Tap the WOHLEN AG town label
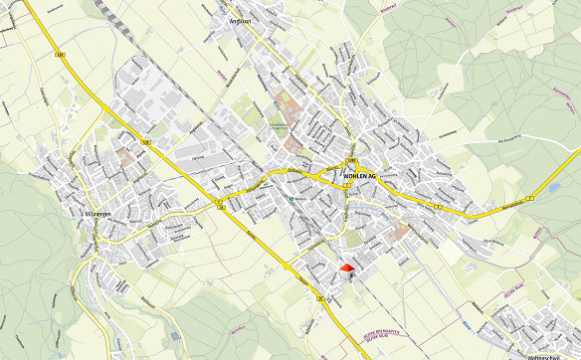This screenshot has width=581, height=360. [360, 175]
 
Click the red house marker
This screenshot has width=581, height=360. [346, 268]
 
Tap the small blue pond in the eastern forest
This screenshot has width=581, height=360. [552, 187]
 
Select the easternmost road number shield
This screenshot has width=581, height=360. [531, 198]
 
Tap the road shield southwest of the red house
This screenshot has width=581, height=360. [319, 297]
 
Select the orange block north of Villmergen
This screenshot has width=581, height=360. [124, 157]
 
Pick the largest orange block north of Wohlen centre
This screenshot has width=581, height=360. [288, 101]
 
